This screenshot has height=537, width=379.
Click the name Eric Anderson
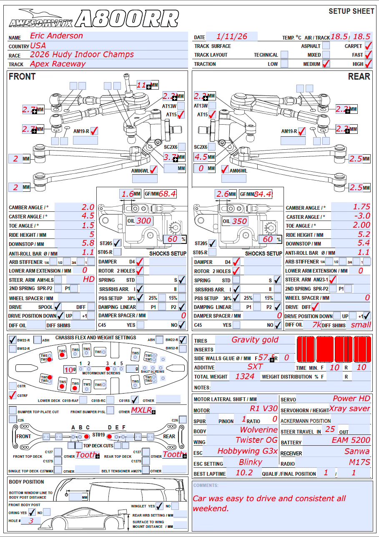click(56, 36)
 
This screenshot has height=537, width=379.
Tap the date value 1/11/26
click(232, 37)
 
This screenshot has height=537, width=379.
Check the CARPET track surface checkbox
click(368, 46)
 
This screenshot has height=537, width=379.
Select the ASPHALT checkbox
click(326, 46)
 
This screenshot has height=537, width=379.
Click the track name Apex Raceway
click(58, 64)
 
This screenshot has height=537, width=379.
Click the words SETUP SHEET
click(351, 11)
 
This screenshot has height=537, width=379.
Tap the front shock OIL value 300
click(144, 221)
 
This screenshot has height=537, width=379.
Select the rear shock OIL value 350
click(239, 221)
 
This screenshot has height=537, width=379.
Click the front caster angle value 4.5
click(88, 216)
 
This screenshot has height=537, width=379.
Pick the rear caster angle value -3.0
click(361, 216)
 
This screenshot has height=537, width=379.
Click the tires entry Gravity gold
click(255, 340)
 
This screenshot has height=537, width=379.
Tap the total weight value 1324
click(245, 376)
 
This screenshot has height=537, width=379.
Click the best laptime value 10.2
click(244, 473)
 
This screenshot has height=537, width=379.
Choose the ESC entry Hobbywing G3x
click(248, 451)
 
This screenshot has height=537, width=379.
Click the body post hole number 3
click(31, 521)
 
